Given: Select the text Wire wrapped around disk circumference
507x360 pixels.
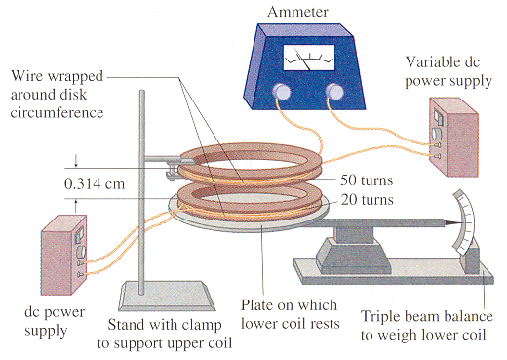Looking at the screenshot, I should pos(69,96).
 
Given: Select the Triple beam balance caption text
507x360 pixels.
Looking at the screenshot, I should pos(426,325).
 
